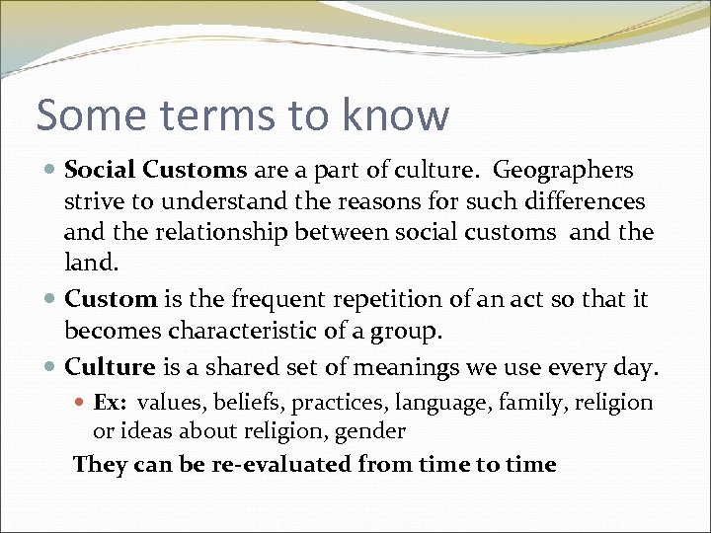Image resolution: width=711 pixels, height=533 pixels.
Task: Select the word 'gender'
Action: [x=370, y=430]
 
